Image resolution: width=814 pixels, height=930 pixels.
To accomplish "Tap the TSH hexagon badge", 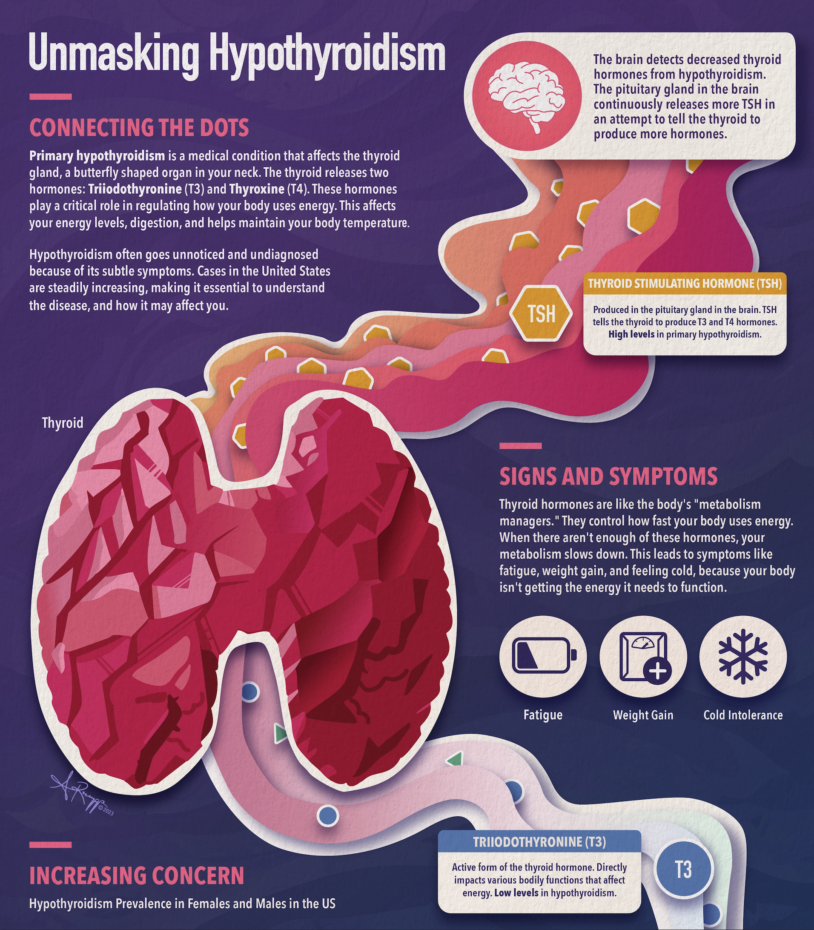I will click(541, 313).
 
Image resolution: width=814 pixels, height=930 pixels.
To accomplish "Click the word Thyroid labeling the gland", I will click(63, 423).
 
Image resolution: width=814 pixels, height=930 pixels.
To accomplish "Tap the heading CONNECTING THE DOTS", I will click(139, 128).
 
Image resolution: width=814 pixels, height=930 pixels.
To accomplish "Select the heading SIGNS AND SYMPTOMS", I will click(608, 476).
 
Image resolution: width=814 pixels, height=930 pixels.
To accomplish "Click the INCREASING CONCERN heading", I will click(136, 876).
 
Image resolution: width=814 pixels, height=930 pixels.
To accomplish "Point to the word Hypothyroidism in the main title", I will click(327, 54).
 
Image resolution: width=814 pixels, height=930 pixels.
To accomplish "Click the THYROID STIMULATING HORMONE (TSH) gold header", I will click(685, 284).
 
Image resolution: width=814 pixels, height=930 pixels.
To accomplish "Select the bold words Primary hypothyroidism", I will click(97, 156).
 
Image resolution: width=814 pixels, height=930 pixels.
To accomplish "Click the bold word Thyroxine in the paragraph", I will click(257, 189).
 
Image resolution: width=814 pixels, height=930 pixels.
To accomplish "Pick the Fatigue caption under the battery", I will click(543, 715).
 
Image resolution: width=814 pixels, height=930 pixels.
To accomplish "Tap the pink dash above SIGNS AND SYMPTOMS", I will click(520, 446).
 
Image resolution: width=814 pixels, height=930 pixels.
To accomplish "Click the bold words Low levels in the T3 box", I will click(516, 893).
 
